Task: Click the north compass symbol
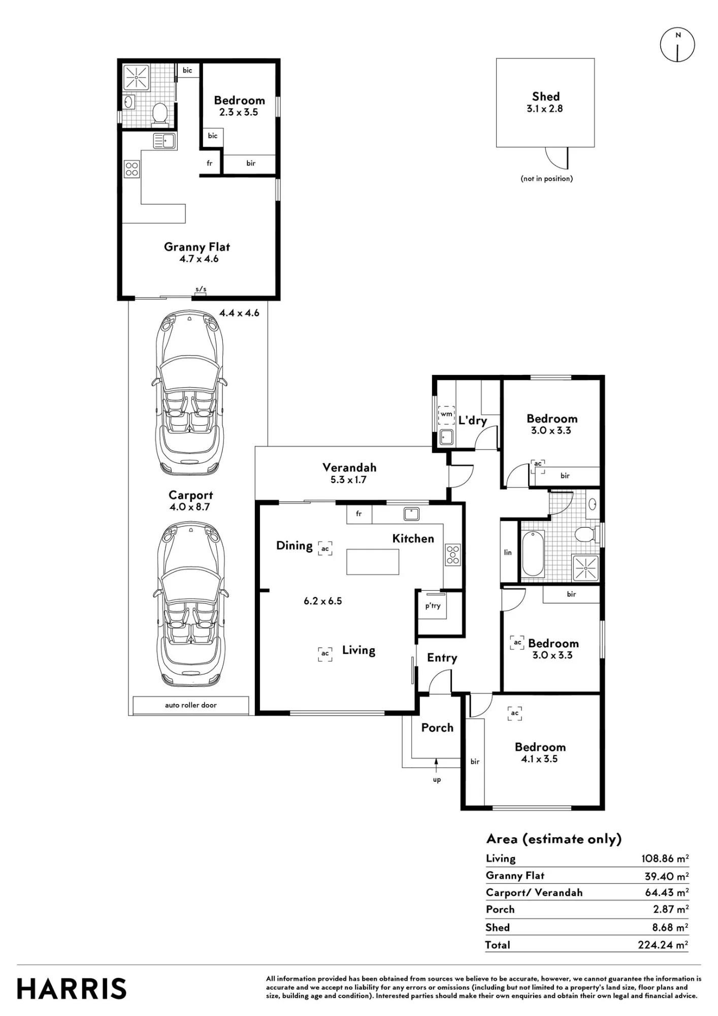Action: coord(677,45)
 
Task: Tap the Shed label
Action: coord(546,97)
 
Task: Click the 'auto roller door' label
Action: coord(190,705)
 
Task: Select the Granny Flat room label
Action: coord(197,247)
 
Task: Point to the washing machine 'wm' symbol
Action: coord(446,415)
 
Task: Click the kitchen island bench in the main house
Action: coord(373,561)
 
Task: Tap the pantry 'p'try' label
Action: coord(433,606)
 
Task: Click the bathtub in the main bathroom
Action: coord(533,554)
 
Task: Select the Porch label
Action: coord(437,727)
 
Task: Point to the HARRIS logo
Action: coord(72,989)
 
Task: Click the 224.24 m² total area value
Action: coord(663,945)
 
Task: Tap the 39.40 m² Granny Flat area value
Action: coord(667,876)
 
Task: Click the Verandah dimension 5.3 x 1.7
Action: coord(348,480)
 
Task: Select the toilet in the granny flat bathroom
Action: coord(160,113)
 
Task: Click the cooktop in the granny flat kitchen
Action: coord(132,169)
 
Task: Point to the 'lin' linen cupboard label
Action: coord(508,552)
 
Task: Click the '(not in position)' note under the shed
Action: coord(547,178)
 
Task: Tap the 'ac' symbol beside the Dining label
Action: coord(325,549)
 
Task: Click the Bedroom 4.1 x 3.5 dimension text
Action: coord(539,759)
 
